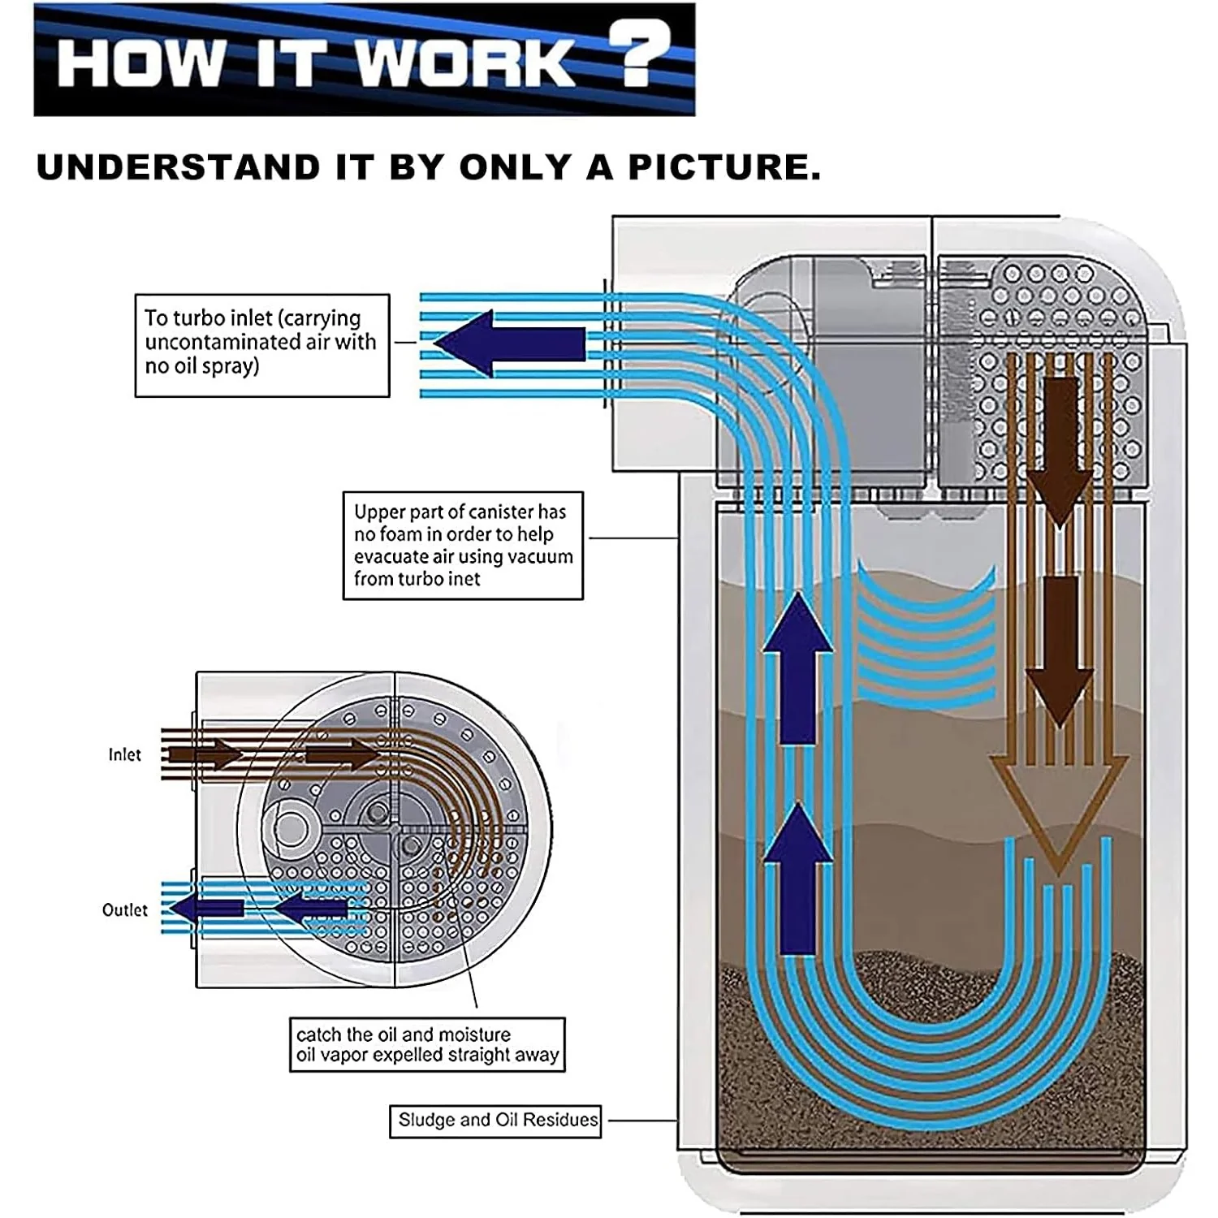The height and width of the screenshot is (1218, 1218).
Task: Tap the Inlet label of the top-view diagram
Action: coord(124,755)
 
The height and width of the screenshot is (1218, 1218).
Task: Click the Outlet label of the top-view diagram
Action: coord(124,910)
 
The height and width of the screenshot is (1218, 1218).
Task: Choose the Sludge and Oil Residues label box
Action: coord(495,1121)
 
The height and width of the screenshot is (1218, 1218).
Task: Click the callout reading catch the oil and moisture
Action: coord(427,1045)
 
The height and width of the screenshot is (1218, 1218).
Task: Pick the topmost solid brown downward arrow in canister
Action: coord(1058,451)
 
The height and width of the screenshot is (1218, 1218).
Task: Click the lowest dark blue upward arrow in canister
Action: coord(799,881)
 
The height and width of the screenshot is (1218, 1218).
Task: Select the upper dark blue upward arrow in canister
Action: coord(799,670)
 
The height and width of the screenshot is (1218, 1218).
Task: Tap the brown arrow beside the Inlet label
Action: coord(207,755)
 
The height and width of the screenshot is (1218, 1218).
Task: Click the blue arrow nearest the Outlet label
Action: coord(208,909)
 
